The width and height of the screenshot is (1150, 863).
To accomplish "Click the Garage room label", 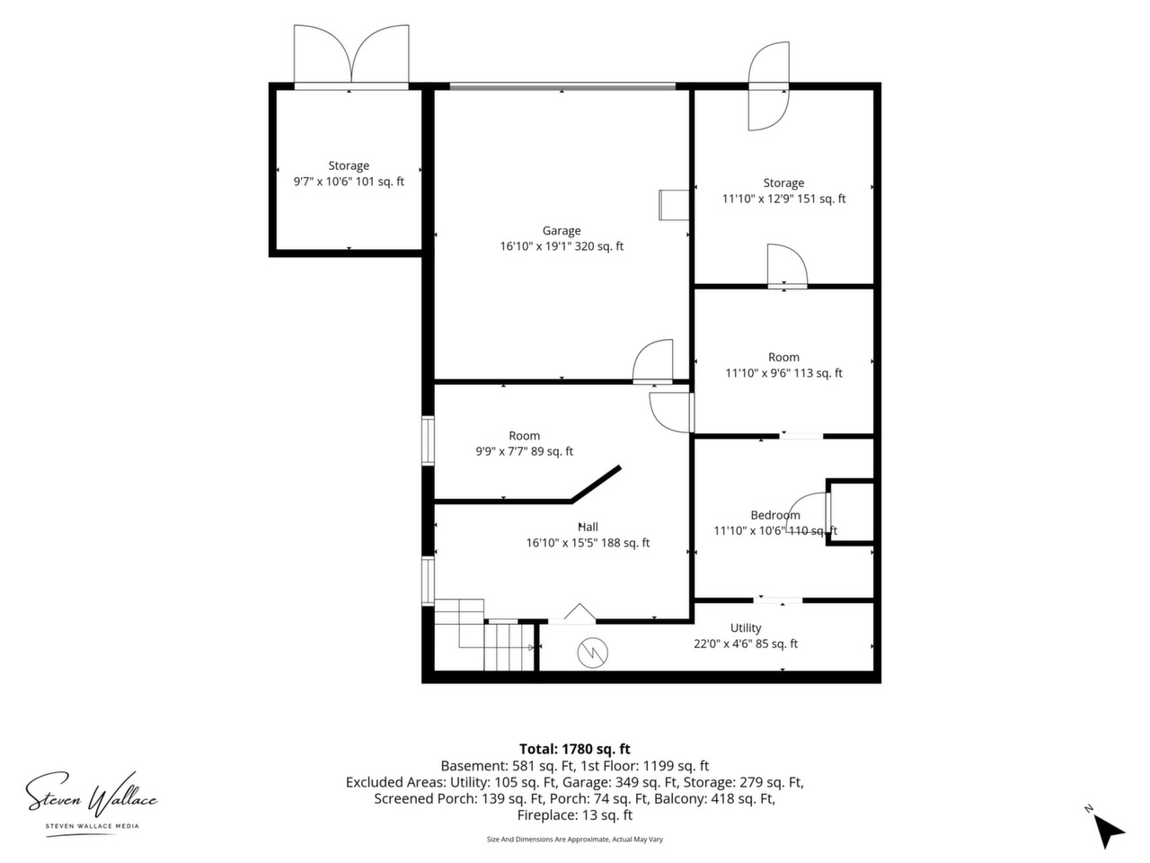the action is click(x=562, y=230).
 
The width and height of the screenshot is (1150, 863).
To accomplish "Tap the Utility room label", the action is click(x=746, y=627).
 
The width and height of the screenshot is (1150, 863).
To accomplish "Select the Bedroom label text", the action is click(x=774, y=515).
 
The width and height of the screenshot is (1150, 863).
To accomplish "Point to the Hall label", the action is click(x=588, y=527).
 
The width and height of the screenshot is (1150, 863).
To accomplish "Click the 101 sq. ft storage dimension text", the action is click(x=349, y=182).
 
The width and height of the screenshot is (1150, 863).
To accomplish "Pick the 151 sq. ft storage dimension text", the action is click(x=783, y=199).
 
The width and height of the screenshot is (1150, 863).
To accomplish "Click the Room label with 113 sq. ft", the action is click(x=783, y=358).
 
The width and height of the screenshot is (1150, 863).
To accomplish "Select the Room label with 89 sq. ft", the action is click(x=525, y=436).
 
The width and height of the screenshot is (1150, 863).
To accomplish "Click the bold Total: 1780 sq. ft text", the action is click(x=575, y=749).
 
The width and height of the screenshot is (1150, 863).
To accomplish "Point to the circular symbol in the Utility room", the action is click(x=593, y=653).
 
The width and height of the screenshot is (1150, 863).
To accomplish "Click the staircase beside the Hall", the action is click(x=484, y=635).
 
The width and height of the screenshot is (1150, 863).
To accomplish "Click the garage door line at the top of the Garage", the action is click(x=562, y=86).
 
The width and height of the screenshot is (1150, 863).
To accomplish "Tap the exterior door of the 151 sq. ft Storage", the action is click(x=768, y=86).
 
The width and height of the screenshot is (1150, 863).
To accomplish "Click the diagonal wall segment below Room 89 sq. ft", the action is click(x=596, y=485).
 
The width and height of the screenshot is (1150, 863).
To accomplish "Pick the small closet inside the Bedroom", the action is click(x=850, y=512).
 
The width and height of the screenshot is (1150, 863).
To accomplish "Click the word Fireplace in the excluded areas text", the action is click(x=545, y=815).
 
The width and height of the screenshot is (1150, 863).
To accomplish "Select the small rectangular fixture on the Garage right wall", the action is click(x=673, y=205).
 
